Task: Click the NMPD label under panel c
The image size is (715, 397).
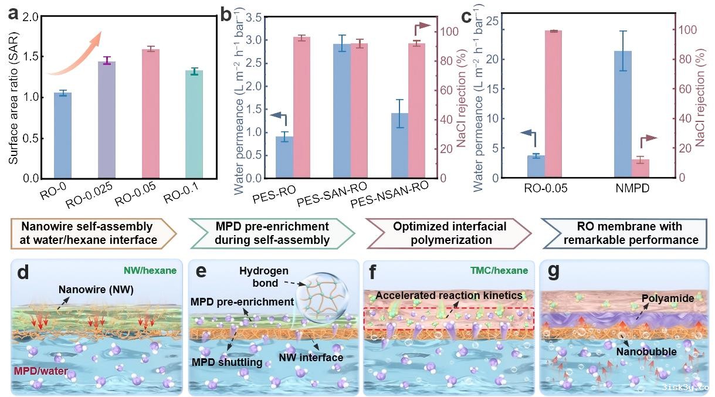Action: click(632, 189)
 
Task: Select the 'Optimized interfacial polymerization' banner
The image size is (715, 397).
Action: click(448, 233)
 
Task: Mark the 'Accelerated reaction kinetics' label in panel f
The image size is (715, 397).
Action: click(449, 296)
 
